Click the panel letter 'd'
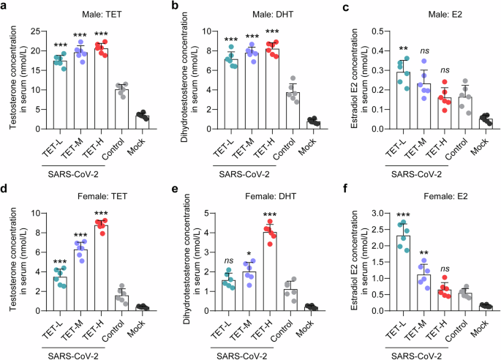(x=7, y=187)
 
